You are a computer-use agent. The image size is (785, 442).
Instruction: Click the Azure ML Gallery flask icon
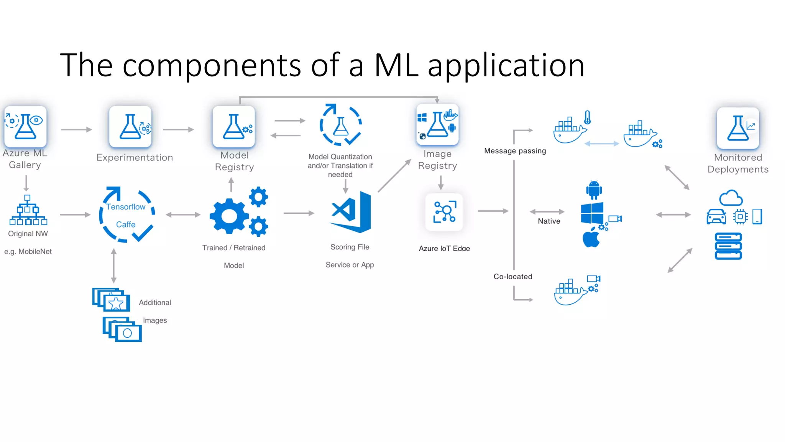coord(25,127)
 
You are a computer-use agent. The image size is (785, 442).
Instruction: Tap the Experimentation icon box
coord(130,127)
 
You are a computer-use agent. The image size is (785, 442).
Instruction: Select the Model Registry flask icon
coord(234,127)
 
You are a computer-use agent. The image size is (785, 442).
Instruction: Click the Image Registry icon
coord(437,125)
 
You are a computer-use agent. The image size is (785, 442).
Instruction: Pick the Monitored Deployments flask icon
coord(738,128)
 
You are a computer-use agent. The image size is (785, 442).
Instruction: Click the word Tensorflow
coord(126,207)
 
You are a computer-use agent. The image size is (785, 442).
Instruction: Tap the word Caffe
coord(126,224)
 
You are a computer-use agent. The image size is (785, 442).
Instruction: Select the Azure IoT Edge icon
coord(444,212)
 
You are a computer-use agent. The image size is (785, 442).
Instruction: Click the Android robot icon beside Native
coord(594,190)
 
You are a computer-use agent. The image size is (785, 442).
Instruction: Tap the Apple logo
coord(591,238)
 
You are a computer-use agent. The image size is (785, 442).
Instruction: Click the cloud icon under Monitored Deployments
coord(731,198)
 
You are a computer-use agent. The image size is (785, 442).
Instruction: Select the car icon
coord(716,217)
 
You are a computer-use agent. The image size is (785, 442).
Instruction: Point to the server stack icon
coord(728,246)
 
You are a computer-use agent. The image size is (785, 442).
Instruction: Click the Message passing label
coord(515,151)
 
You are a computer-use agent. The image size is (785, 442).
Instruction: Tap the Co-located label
coord(513,277)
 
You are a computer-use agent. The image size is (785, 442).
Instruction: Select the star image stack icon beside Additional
coord(112,300)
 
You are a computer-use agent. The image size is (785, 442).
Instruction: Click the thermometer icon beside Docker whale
coord(588,117)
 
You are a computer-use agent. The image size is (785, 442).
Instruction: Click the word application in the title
coord(506,65)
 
